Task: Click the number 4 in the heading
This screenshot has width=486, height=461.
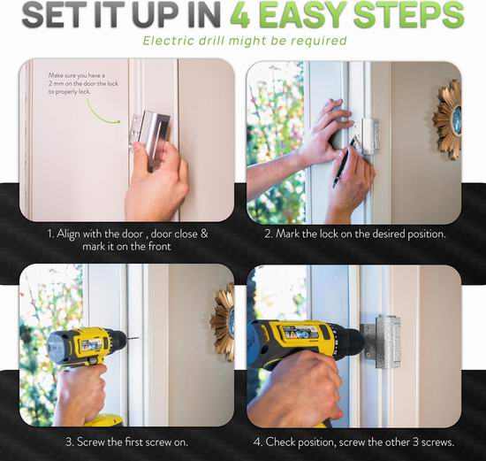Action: (240, 15)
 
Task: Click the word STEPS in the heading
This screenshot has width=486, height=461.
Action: (408, 15)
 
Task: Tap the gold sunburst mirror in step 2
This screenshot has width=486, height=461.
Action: (448, 119)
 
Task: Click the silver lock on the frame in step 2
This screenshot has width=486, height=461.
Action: (369, 136)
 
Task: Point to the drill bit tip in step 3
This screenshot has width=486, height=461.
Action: (137, 337)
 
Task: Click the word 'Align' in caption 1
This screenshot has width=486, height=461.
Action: (68, 234)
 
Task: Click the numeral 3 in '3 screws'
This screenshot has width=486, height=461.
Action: (415, 442)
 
